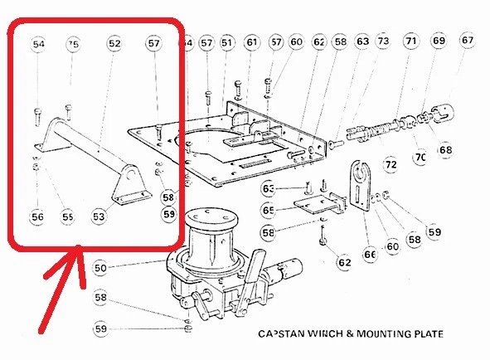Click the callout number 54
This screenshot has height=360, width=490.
pyautogui.click(x=39, y=43)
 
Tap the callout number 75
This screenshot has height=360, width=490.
pyautogui.click(x=74, y=43)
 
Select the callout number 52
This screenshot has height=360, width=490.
pyautogui.click(x=114, y=43)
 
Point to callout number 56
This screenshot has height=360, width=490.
pyautogui.click(x=38, y=216)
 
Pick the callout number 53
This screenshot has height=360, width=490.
pyautogui.click(x=99, y=216)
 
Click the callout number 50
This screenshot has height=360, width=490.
pyautogui.click(x=101, y=267)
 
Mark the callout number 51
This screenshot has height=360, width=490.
pyautogui.click(x=227, y=42)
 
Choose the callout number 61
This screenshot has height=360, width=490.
pyautogui.click(x=252, y=42)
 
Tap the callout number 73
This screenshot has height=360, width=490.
pyautogui.click(x=382, y=41)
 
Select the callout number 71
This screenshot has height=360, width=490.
pyautogui.click(x=410, y=41)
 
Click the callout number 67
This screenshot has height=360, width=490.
pyautogui.click(x=468, y=41)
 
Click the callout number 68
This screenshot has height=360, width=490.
pyautogui.click(x=446, y=150)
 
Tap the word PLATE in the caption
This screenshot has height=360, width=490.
pyautogui.click(x=422, y=334)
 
